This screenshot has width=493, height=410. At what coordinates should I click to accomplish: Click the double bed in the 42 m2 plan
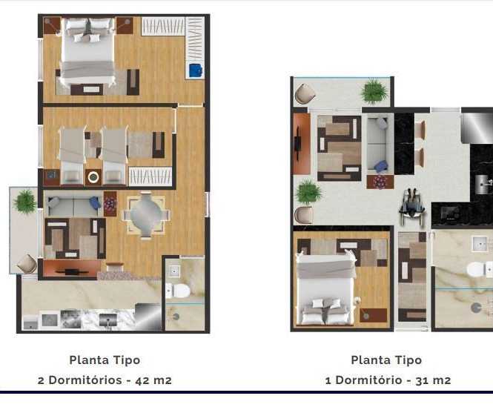pos(87,52)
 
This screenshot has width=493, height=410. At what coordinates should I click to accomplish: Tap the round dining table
pos(146,215)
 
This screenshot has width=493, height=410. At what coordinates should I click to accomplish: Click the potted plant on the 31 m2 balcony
pos(374,91)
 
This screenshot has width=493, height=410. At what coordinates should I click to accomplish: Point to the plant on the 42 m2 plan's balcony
pos(25,202)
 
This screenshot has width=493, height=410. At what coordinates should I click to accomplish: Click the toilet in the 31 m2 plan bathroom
pos(479,270)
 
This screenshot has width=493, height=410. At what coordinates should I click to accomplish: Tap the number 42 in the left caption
pos(142,380)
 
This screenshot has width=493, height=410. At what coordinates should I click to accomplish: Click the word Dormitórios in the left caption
pos(85,380)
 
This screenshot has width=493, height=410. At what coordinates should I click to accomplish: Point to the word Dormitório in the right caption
pos(368,380)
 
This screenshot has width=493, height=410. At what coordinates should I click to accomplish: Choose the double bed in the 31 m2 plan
pos(327,289)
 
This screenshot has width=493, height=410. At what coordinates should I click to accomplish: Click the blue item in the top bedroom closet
pos(196,70)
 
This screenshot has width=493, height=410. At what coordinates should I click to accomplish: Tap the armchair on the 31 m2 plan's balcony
pos(305,93)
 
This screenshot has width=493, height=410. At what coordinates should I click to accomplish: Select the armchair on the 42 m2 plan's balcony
pos(27,263)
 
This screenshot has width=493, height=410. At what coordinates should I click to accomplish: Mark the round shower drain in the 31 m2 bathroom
pos(476,308)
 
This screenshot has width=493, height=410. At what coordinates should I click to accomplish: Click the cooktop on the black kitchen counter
pos(450,213)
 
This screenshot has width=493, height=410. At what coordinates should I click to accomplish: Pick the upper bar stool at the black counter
pos(420,130)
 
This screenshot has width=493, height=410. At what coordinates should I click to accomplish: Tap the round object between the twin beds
pos(93,177)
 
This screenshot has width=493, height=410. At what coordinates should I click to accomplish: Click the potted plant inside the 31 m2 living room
pos(309,192)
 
